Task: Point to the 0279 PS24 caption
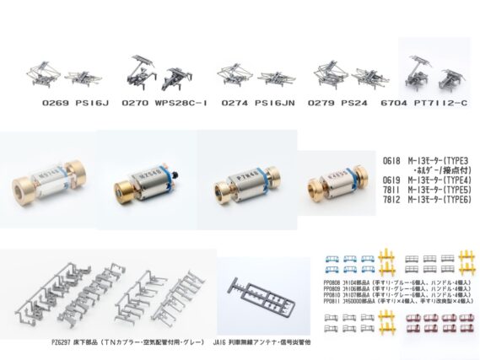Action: [342, 104]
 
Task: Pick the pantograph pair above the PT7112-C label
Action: [434, 71]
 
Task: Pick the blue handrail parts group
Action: [346, 262]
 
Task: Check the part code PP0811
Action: [333, 302]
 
